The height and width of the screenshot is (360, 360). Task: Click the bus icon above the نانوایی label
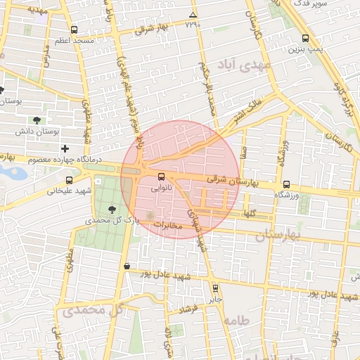click(x=162, y=176)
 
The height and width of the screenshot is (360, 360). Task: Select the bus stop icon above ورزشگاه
click(x=286, y=184)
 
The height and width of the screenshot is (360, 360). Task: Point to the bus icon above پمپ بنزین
click(x=305, y=39)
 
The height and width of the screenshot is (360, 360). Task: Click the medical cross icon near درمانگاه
click(x=65, y=148)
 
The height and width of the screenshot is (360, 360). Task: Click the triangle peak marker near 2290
click(x=193, y=15)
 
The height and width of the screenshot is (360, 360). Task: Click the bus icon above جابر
click(x=215, y=288)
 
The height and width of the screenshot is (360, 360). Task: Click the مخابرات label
click(x=167, y=226)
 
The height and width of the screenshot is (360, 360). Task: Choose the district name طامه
click(x=236, y=321)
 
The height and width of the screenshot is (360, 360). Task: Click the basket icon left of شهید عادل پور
click(x=127, y=266)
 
